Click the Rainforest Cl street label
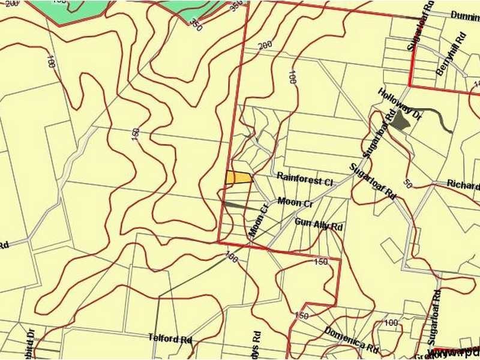tap(304, 179)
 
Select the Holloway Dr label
tap(400, 106)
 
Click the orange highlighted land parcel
tap(239, 178)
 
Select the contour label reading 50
tap(407, 184)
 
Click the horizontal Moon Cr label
tap(295, 203)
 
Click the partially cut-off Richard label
tap(464, 183)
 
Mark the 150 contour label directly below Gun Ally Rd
tap(320, 262)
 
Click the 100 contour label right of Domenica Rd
tap(391, 323)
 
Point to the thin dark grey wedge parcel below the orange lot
tap(240, 206)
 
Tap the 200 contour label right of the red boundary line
tap(265, 45)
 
